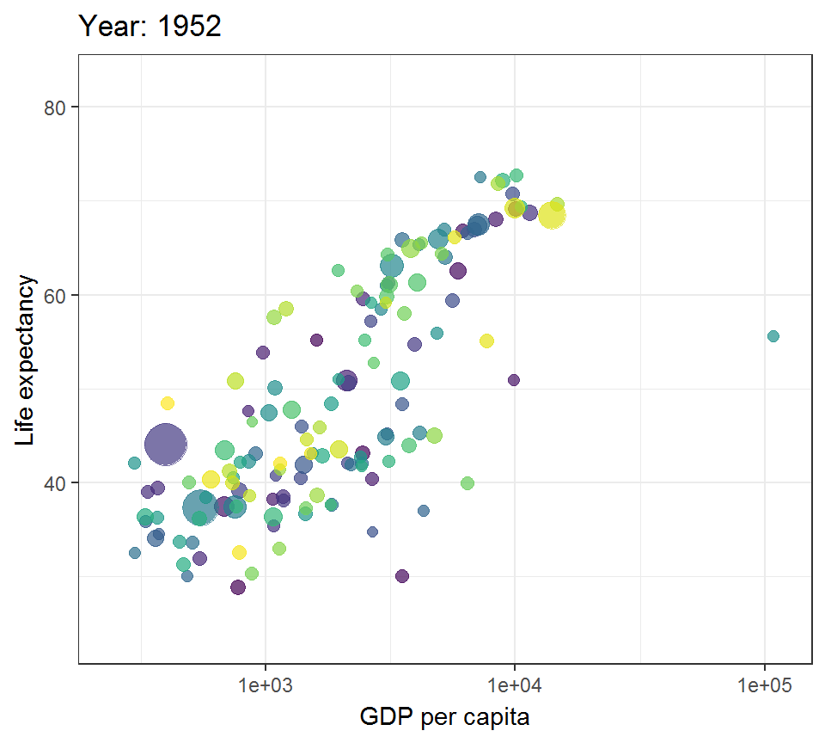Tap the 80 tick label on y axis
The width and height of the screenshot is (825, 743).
pos(58,107)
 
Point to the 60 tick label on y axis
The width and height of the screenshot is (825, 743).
pos(58,295)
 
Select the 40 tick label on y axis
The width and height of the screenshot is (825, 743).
pos(58,482)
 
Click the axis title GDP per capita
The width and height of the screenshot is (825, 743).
pos(444,715)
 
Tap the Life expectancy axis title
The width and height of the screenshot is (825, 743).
pos(26,360)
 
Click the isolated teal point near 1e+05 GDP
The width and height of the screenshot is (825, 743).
pos(773,335)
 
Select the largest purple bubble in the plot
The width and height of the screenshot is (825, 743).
pos(165,445)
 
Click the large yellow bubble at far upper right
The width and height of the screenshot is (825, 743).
pos(552,215)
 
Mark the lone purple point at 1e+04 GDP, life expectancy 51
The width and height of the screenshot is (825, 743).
pos(514,380)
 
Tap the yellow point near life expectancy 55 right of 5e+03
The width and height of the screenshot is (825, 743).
pos(486,341)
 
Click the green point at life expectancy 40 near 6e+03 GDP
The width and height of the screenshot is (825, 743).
pos(467,483)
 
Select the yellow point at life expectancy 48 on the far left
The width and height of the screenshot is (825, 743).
pos(168,403)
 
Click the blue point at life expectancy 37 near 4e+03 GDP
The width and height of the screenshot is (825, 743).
pos(424,511)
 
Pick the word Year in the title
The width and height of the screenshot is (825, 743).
pos(107,27)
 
